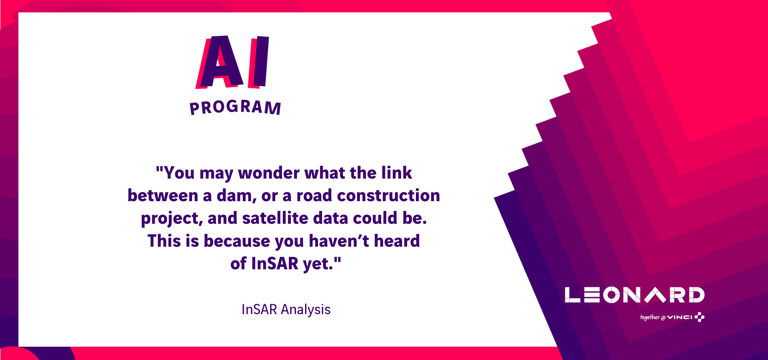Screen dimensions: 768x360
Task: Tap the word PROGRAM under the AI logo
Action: coord(235,107)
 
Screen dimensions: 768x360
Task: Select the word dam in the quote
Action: coord(236,196)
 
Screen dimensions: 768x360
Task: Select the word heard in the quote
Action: coord(397,241)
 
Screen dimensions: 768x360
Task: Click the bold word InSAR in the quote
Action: coord(275,264)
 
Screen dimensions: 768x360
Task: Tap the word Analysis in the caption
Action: coord(306,310)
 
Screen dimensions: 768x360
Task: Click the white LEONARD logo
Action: coord(635,295)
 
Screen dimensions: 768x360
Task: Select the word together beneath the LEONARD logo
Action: coord(650,317)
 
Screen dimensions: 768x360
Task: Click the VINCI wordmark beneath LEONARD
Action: coord(680,317)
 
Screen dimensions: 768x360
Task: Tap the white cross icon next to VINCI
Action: coord(699,317)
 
